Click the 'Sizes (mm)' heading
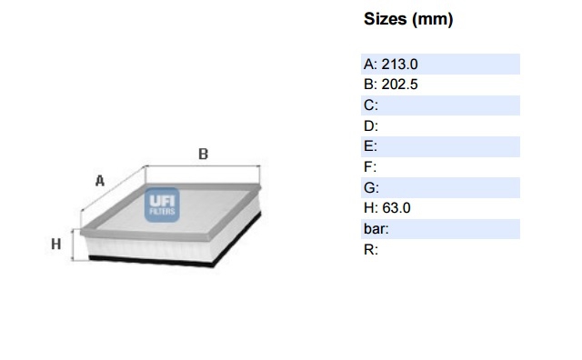(408, 19)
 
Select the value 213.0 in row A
(400, 65)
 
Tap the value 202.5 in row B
(400, 85)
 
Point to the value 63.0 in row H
(396, 208)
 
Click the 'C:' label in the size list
(371, 105)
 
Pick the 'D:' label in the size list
(371, 126)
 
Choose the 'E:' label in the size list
(370, 146)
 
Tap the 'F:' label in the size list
(370, 167)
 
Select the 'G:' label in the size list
(371, 188)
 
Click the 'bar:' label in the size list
(376, 228)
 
